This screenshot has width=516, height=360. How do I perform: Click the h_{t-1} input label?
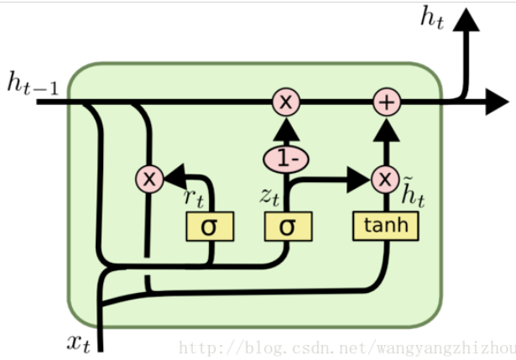click(33, 85)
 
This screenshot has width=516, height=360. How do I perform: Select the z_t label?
click(269, 196)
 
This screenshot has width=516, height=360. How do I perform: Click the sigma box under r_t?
click(210, 226)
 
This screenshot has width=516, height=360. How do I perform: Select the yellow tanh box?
click(386, 225)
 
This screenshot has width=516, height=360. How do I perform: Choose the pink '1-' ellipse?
click(287, 158)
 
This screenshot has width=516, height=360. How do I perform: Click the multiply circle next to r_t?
click(149, 178)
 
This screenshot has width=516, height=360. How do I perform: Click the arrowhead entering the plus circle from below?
click(387, 127)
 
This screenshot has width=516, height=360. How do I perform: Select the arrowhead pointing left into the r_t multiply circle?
click(175, 177)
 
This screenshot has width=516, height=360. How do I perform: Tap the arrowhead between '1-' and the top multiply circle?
click(287, 130)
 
